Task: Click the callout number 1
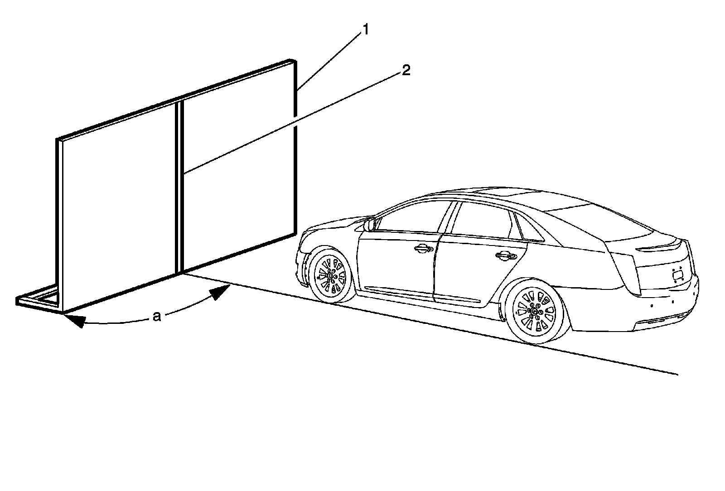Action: (365, 30)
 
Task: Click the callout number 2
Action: (406, 70)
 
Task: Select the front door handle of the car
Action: (422, 247)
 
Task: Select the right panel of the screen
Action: (238, 172)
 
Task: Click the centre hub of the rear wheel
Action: (536, 312)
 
